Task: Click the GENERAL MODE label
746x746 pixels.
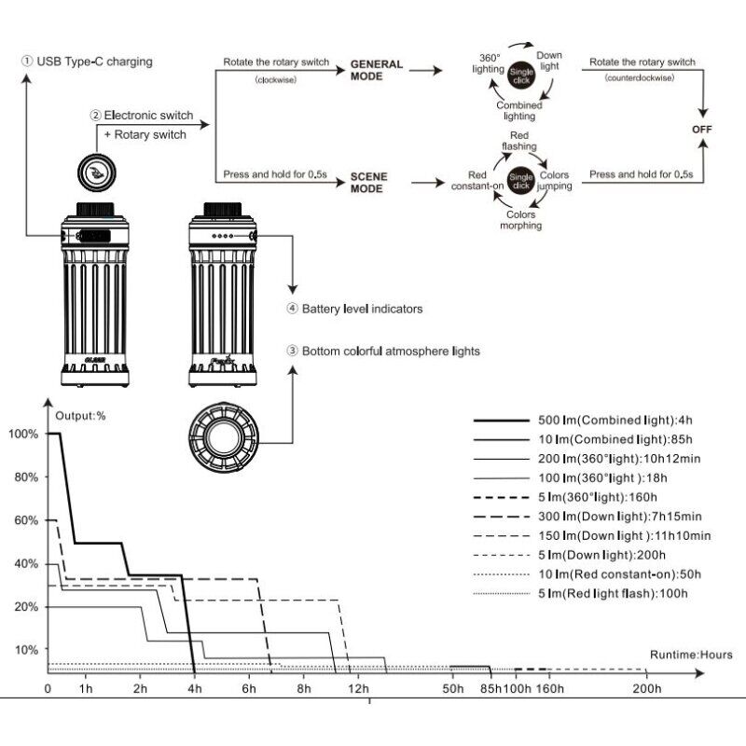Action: tap(377, 70)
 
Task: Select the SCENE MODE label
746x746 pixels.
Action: tap(369, 181)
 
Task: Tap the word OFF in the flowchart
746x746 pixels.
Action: tap(701, 129)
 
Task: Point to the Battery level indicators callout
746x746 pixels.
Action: tap(354, 308)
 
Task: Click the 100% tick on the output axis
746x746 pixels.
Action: tap(23, 434)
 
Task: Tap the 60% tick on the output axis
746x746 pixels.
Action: tap(25, 520)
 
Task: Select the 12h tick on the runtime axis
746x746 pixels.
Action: tap(358, 689)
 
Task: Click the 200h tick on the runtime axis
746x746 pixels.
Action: tap(646, 689)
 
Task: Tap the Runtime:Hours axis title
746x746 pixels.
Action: tap(691, 655)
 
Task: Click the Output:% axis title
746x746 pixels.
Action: tap(81, 416)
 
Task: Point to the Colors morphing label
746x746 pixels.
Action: tap(518, 220)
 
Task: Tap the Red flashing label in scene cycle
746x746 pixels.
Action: tap(518, 140)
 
